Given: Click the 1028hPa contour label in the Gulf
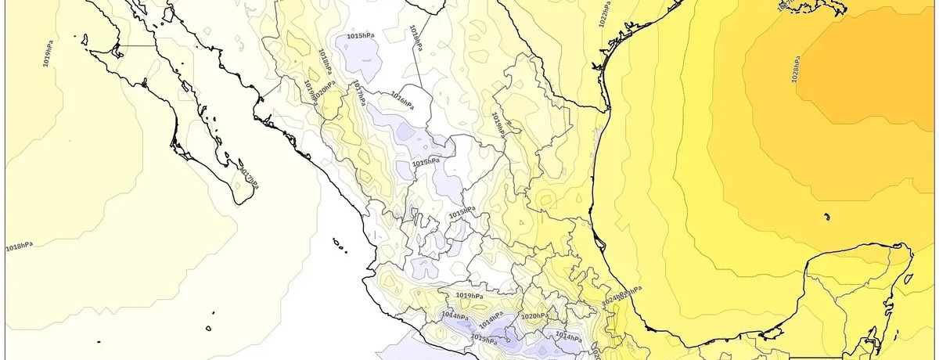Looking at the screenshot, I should tap(795, 69).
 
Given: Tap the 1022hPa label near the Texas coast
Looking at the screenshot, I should tap(604, 15).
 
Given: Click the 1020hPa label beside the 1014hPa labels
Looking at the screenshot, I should tap(533, 316).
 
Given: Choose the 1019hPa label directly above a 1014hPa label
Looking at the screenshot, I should tap(469, 295).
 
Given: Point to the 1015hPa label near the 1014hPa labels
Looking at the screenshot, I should tap(483, 339).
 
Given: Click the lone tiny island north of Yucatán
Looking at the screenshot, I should tap(826, 216).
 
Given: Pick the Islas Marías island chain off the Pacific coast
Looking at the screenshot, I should tap(339, 247).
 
